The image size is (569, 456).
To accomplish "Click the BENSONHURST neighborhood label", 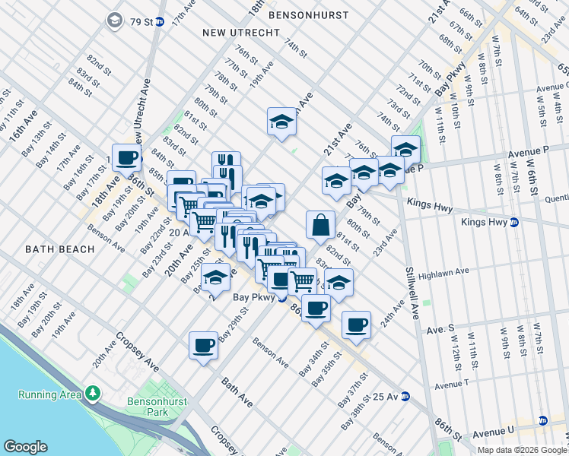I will point(309,15).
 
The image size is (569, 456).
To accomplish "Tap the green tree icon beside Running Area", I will point(93,393).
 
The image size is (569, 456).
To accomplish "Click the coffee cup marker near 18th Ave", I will point(126,158).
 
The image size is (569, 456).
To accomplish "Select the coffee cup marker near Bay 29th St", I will point(203,345).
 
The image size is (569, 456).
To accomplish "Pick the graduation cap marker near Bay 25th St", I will point(216,278).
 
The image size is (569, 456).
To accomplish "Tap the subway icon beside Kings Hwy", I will point(514,223).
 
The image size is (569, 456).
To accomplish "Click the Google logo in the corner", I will point(26,447).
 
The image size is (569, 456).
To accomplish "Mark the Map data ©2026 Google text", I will point(520,450).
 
